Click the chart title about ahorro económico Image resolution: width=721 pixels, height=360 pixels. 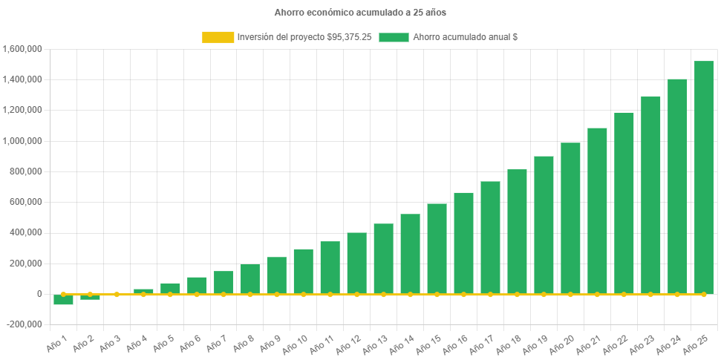tap(360, 13)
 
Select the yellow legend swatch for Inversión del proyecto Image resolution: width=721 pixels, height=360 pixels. tap(217, 36)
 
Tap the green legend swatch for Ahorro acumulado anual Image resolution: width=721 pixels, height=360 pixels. tap(394, 36)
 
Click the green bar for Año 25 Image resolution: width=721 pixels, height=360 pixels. tap(703, 177)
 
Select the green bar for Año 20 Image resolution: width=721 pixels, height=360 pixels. tap(570, 218)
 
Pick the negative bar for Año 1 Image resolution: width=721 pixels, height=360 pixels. tap(63, 300)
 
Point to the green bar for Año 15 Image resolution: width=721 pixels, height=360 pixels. tap(437, 249)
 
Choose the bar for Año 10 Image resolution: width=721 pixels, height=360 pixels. tap(303, 272)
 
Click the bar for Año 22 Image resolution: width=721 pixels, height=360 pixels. tap(624, 203)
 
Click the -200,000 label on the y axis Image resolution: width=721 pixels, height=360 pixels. tap(25, 324)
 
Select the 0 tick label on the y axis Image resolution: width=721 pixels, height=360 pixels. tap(39, 294)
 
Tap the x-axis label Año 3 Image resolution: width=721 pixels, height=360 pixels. tap(108, 343)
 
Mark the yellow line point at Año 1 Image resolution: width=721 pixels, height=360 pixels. tap(63, 294)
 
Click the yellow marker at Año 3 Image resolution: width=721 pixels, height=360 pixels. tap(117, 294)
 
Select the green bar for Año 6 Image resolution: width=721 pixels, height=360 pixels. tap(197, 285)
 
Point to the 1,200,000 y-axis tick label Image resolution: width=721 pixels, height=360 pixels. tap(22, 110)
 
